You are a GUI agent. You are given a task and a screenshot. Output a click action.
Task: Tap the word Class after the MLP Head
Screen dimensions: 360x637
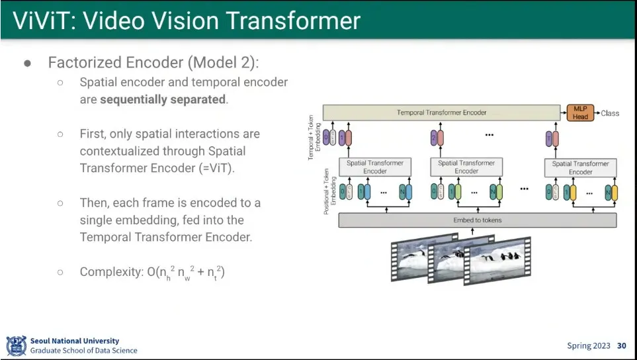610,113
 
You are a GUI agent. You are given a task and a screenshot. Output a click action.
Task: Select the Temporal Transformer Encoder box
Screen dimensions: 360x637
441,112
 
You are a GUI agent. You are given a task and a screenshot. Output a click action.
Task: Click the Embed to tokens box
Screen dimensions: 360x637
477,220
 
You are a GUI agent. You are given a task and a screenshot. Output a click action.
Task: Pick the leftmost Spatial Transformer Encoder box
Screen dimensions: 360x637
375,167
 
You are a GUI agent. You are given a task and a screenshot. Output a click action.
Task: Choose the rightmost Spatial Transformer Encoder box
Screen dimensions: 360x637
580,167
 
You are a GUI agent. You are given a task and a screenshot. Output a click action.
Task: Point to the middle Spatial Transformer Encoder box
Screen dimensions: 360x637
466,167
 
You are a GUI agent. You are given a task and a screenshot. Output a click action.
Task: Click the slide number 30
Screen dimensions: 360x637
621,345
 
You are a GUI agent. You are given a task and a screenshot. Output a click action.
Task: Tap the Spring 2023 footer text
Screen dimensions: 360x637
589,345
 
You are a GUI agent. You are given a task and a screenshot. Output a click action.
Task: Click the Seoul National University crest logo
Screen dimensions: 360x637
16,345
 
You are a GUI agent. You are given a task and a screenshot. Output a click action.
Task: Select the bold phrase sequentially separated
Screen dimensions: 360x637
163,100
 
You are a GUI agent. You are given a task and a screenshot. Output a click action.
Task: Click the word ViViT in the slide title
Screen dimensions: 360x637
40,21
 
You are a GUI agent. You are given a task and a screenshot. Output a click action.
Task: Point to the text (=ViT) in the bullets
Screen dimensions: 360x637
216,168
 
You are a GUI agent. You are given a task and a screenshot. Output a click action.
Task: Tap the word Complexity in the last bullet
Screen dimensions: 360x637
110,272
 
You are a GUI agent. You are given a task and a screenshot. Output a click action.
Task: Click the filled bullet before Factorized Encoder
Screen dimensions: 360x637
28,64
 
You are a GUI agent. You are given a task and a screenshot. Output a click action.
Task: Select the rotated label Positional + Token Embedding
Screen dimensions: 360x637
327,190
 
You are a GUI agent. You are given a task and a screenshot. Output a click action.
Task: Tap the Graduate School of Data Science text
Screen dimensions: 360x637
84,351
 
